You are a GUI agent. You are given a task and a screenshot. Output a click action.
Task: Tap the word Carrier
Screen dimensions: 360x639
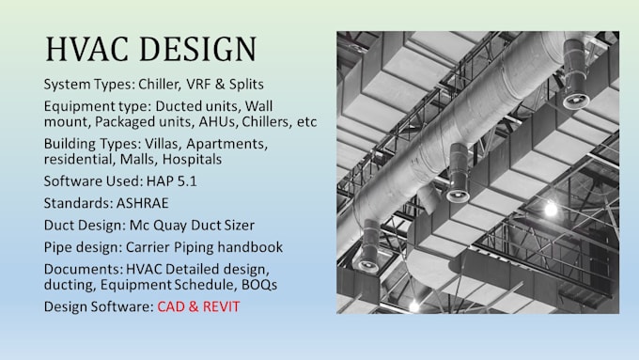(154, 248)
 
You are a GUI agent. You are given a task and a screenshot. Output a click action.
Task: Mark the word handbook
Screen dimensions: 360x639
(256, 248)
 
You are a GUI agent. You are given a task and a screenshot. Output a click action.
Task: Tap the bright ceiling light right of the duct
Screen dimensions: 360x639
(552, 208)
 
